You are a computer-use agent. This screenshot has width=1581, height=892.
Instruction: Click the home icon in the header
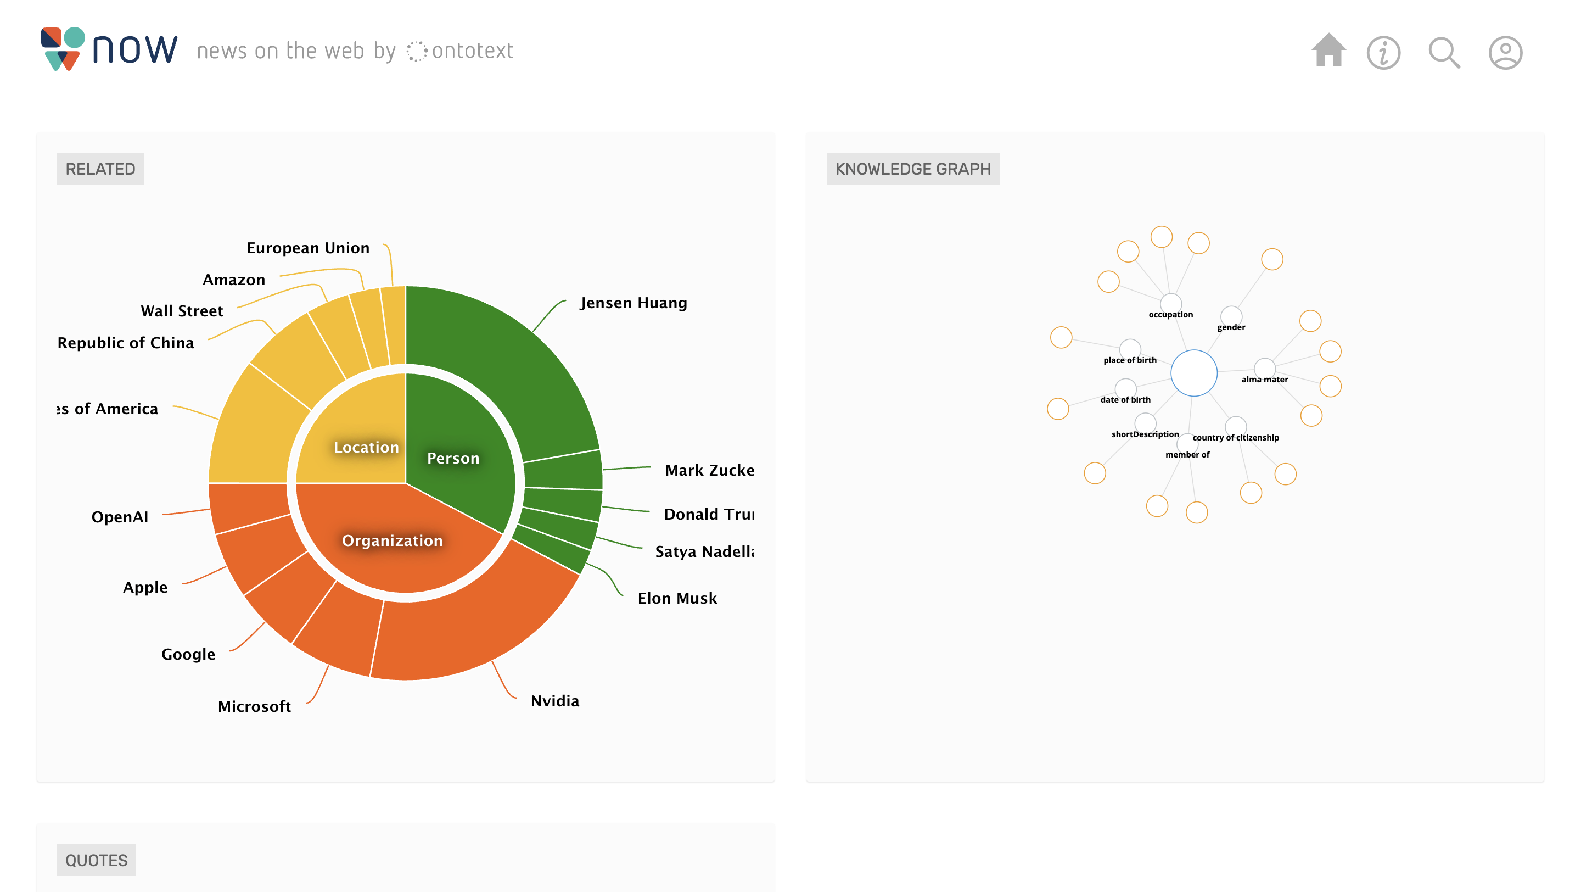tap(1328, 51)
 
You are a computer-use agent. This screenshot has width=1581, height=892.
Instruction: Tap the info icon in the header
tap(1383, 53)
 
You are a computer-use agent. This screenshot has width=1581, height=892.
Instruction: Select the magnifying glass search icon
tap(1444, 53)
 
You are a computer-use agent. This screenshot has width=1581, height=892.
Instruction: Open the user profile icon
tap(1505, 53)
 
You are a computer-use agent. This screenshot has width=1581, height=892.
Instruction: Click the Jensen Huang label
tap(633, 303)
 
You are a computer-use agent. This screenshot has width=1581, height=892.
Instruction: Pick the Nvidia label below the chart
tap(555, 701)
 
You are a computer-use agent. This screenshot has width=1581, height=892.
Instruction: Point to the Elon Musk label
tap(677, 598)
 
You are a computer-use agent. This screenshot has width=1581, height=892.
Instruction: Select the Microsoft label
tap(254, 706)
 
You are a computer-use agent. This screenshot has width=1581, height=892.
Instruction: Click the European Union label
tap(308, 248)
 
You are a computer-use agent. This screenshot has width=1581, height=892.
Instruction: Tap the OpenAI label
tap(120, 517)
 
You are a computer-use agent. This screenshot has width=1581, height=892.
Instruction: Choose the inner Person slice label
tap(453, 458)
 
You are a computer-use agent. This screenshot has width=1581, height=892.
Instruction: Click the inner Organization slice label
tap(392, 540)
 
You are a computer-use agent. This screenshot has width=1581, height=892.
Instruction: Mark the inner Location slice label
tap(366, 447)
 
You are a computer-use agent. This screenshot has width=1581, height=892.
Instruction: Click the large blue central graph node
tap(1194, 372)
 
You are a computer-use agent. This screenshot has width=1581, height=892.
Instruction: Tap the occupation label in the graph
tap(1170, 314)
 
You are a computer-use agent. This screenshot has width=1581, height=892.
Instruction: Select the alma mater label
tap(1264, 380)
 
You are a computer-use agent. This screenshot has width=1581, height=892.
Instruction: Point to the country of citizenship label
tap(1236, 438)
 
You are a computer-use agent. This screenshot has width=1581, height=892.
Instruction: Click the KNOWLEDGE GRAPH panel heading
tap(912, 169)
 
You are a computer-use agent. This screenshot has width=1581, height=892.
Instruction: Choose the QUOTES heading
tap(97, 860)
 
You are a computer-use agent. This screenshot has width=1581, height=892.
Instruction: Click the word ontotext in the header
tap(472, 51)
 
